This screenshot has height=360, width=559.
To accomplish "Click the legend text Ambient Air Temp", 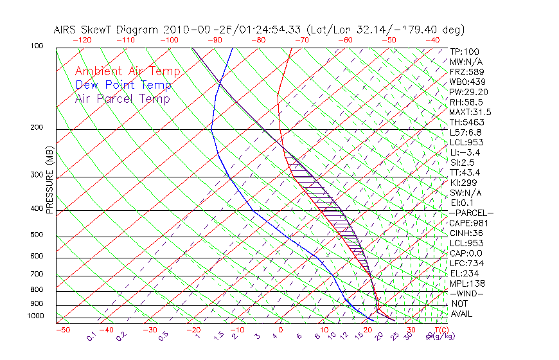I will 127,71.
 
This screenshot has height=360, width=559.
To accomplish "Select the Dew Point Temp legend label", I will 123,85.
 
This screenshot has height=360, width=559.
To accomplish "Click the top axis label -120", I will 82,40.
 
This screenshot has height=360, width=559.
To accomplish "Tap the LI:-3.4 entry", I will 465,152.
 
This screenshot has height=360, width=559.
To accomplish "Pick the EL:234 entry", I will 462,273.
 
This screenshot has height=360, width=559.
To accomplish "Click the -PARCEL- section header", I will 471,213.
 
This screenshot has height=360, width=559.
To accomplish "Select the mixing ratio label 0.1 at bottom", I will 91,336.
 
